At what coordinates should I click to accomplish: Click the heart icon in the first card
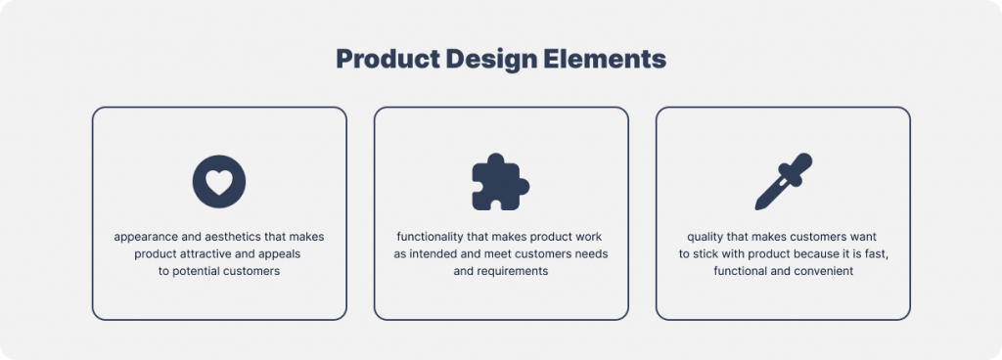coord(219,182)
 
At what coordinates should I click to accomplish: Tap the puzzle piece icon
coord(500,181)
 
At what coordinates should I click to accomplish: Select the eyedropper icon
coord(783,182)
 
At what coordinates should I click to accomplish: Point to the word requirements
coord(513,271)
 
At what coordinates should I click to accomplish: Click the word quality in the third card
coord(707,238)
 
